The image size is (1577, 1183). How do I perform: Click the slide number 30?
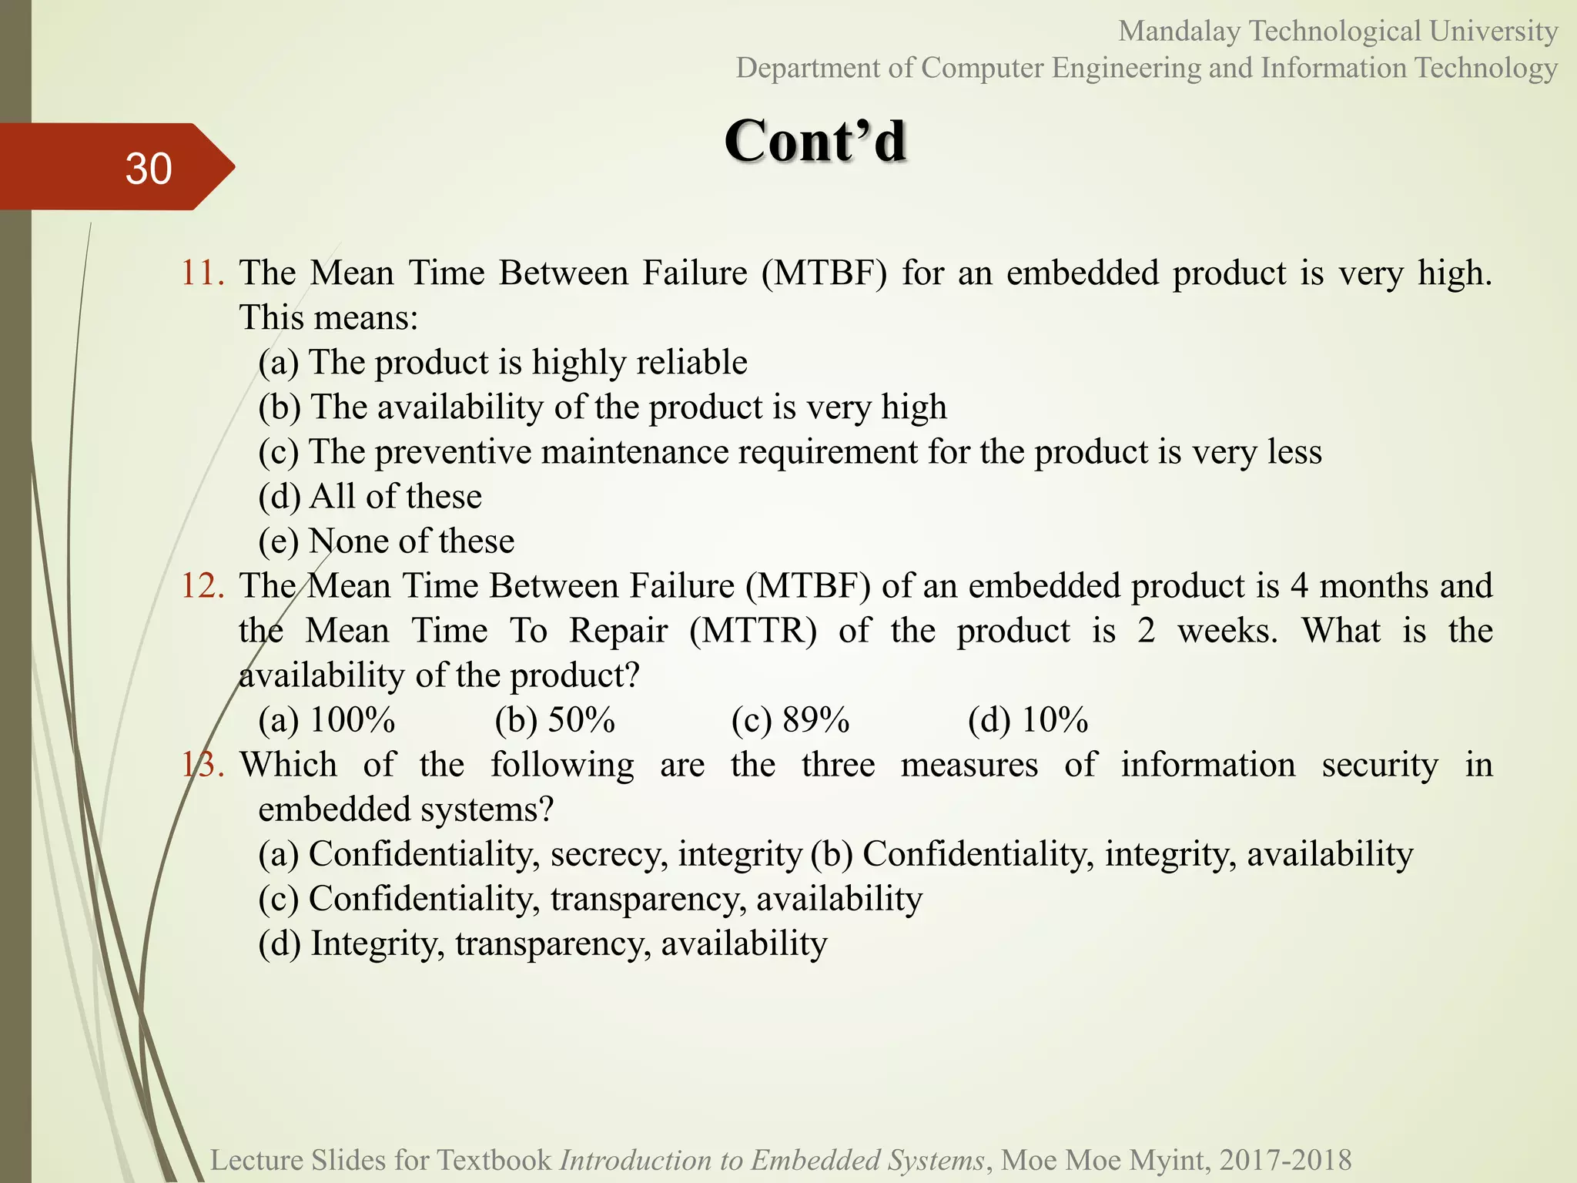pyautogui.click(x=149, y=169)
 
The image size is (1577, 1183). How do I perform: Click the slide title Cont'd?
pyautogui.click(x=815, y=141)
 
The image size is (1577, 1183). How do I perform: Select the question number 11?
pyautogui.click(x=203, y=273)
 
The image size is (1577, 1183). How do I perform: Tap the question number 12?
pyautogui.click(x=203, y=586)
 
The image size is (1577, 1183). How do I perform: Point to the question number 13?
pyautogui.click(x=203, y=765)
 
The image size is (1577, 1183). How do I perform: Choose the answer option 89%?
pyautogui.click(x=815, y=720)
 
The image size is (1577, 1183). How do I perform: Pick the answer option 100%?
pyautogui.click(x=352, y=720)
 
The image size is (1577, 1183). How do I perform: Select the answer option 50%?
pyautogui.click(x=581, y=720)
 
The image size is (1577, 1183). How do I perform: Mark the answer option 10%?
pyautogui.click(x=1054, y=720)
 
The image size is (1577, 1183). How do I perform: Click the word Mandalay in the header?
pyautogui.click(x=1179, y=32)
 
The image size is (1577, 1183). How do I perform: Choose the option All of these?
pyautogui.click(x=395, y=497)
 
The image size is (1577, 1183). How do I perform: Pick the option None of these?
pyautogui.click(x=411, y=541)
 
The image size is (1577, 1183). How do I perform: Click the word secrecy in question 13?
pyautogui.click(x=609, y=854)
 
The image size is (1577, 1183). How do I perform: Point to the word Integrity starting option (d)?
pyautogui.click(x=377, y=943)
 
